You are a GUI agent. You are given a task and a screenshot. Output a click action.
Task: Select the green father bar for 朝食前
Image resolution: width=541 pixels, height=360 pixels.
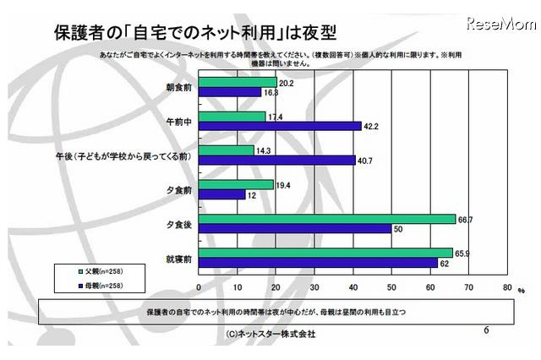pyautogui.click(x=238, y=83)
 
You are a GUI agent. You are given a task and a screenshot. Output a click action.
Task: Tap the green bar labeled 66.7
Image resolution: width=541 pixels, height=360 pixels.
pyautogui.click(x=327, y=218)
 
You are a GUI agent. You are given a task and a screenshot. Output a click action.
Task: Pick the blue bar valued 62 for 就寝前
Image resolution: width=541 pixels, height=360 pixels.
pyautogui.click(x=319, y=263)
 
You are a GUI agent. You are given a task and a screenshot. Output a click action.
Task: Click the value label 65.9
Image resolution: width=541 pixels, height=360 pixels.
pyautogui.click(x=463, y=252)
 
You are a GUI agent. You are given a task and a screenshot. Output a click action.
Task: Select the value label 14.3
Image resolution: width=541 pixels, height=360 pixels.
pyautogui.click(x=265, y=150)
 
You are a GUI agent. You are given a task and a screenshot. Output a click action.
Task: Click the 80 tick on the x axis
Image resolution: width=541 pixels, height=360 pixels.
pyautogui.click(x=506, y=287)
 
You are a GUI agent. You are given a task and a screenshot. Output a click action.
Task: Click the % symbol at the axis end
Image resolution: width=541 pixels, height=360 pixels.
pyautogui.click(x=522, y=291)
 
